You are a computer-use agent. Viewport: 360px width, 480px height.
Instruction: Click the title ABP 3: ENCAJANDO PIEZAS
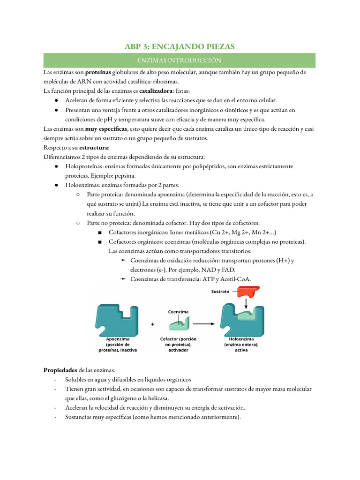pos(180,46)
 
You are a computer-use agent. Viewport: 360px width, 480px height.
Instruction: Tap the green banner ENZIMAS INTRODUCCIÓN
pos(180,60)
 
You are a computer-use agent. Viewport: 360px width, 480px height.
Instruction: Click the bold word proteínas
pos(98,73)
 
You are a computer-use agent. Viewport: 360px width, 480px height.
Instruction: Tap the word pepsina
pos(124,175)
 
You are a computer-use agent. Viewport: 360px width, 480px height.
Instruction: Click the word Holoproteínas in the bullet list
pos(84,166)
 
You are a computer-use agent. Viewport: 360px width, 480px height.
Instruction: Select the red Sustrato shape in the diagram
pos(246,292)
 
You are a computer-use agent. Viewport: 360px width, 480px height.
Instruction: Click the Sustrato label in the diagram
pos(220,291)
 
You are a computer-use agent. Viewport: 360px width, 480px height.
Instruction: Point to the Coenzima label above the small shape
pos(178,311)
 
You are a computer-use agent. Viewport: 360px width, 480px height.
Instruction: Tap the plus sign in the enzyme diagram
pos(153,324)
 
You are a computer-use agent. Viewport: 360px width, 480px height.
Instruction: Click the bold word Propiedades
pos(60,370)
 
